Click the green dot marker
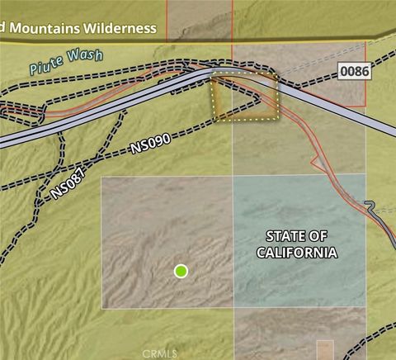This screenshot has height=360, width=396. [181, 271]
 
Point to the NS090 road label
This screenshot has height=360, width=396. [151, 144]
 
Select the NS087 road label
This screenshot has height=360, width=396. [68, 184]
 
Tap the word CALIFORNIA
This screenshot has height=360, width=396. [296, 252]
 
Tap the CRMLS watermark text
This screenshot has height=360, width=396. [159, 353]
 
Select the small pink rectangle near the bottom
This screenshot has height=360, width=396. [325, 349]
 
